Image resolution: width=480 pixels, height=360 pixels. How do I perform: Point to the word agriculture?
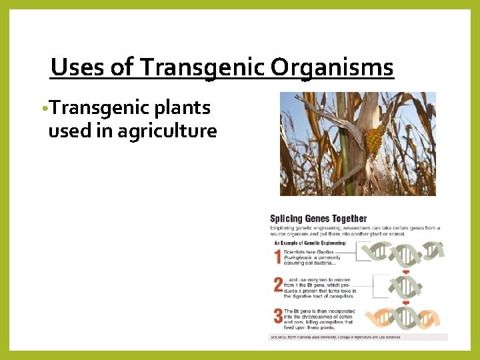[x=167, y=131]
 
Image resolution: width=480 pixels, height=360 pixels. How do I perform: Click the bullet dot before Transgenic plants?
[x=43, y=109]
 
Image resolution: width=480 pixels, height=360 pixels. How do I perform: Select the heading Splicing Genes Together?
[x=318, y=219]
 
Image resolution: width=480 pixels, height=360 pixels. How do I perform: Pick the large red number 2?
[x=277, y=285]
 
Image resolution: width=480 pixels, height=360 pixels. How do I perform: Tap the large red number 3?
[x=277, y=315]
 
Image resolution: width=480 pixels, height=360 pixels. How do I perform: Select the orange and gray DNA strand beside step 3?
[x=403, y=318]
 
